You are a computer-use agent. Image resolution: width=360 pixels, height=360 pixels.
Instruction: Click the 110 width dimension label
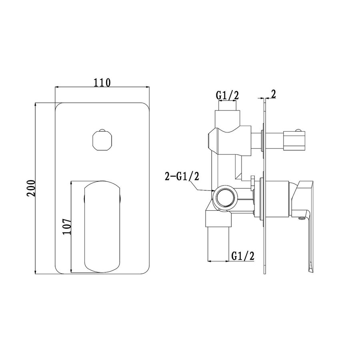coord(102,83)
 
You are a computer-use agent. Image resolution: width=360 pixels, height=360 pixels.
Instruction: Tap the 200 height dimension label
coord(31,188)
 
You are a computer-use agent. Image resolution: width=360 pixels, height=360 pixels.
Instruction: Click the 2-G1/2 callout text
coord(182,177)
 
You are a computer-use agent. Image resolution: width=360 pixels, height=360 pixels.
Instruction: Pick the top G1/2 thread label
coord(227,95)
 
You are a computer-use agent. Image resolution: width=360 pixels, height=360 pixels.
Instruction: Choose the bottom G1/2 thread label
coord(243,256)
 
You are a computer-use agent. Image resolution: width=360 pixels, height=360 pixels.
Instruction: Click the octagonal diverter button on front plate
coord(102,140)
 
